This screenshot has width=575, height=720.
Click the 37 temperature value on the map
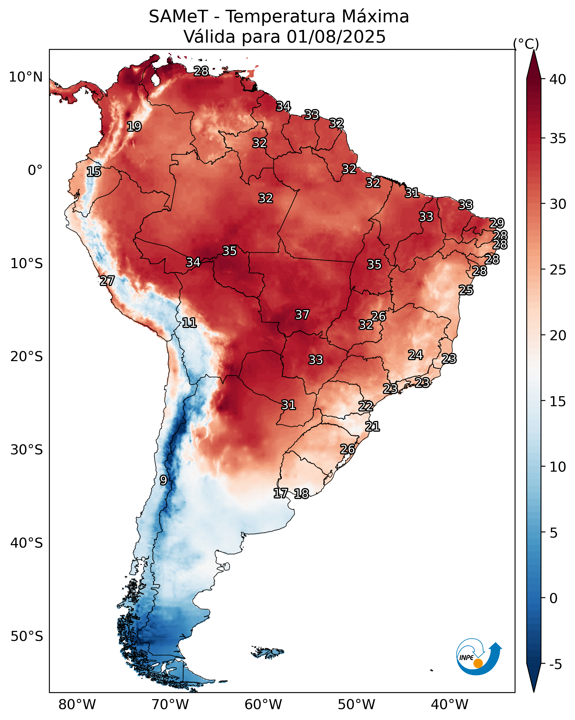[x=302, y=315]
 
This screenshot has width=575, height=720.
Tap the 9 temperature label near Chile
[x=163, y=480]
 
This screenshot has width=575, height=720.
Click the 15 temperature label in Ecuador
[x=94, y=172]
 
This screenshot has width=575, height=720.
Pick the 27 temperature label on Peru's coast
[x=107, y=281]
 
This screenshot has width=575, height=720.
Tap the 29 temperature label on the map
[x=497, y=223]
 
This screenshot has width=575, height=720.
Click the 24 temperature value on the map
[x=416, y=355]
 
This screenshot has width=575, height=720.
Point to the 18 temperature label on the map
[x=301, y=494]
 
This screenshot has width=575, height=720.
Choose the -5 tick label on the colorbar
[x=556, y=665]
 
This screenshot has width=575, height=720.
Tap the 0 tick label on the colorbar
[x=553, y=598]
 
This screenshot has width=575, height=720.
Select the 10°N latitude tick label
[x=26, y=77]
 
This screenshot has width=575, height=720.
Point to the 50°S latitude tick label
[x=27, y=636]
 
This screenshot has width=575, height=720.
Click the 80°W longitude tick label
[x=77, y=704]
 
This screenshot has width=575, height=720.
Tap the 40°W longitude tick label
[x=450, y=704]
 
